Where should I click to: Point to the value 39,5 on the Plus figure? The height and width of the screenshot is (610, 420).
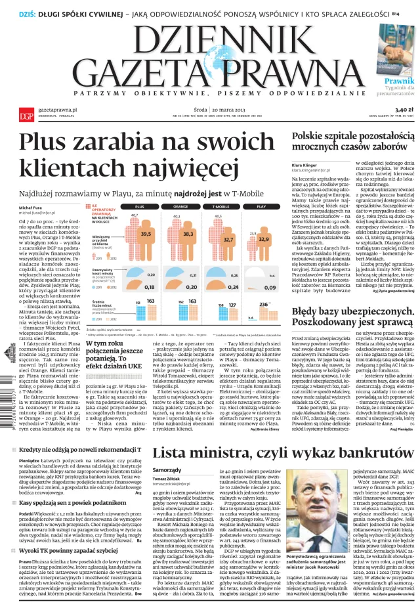pos(146,233)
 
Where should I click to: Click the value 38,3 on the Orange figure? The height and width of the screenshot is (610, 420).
pos(188,234)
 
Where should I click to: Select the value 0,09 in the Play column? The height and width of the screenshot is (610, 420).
pos(268,288)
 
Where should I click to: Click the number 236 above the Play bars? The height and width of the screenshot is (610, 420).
pos(264,305)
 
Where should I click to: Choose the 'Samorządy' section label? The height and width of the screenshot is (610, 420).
pos(166,489)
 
